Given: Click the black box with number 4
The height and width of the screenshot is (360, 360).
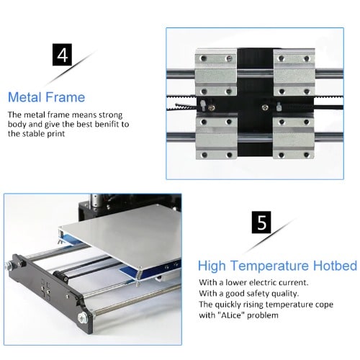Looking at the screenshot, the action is coord(62,55).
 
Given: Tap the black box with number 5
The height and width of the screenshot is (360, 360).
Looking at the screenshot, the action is coord(261,222).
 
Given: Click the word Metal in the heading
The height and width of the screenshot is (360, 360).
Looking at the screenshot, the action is coord(24,97).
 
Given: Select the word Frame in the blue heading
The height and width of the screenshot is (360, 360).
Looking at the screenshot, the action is coord(65,97).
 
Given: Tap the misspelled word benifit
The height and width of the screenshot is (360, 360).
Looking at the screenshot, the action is coord(107,124).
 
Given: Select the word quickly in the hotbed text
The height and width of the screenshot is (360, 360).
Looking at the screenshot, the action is coord(228,305).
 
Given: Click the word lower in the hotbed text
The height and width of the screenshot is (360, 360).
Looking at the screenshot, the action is coord(236,282).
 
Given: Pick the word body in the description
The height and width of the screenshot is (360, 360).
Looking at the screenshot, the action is coord(17,125).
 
